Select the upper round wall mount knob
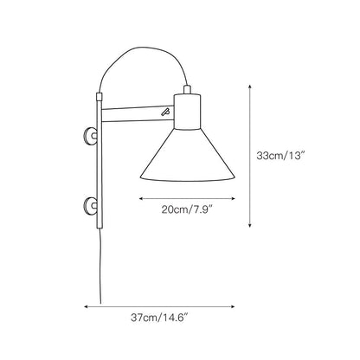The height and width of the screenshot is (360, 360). coord(89,136)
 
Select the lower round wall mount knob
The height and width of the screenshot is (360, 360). coord(89,205)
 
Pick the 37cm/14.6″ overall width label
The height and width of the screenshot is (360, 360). coord(161,318)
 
